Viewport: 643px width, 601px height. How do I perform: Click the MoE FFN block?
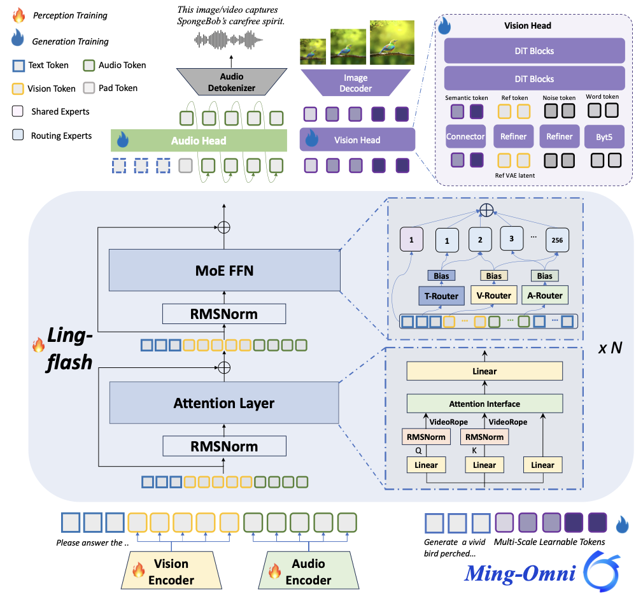click(x=223, y=271)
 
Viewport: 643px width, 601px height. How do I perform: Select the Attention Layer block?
click(x=223, y=403)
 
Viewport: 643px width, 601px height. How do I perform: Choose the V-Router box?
click(x=493, y=295)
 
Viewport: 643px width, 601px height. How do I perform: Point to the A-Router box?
click(x=544, y=295)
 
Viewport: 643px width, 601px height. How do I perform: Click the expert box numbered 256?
click(x=556, y=241)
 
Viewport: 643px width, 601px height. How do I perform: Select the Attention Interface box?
click(x=484, y=404)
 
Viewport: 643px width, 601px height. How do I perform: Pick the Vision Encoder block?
click(x=171, y=571)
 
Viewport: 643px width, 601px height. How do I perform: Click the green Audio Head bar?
click(x=198, y=140)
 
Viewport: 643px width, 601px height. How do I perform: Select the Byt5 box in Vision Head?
click(x=604, y=136)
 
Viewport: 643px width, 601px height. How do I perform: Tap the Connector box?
click(x=465, y=136)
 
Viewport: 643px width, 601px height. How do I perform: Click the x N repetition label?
click(x=610, y=348)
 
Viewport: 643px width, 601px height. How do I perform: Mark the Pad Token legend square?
click(x=89, y=88)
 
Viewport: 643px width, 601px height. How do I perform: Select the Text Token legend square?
click(x=18, y=65)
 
